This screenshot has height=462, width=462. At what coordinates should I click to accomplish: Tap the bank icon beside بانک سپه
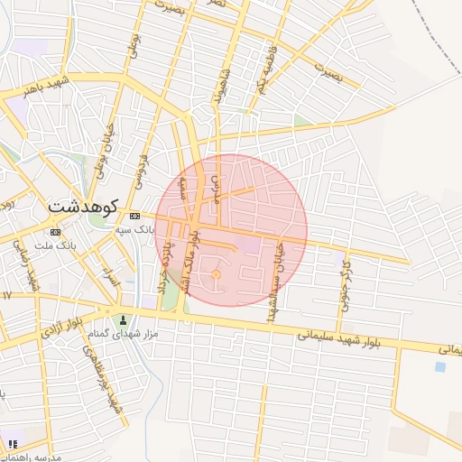[135, 216]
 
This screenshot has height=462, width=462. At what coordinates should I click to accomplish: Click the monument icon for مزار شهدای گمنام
[124, 319]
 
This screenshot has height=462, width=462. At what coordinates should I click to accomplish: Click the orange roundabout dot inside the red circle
[216, 274]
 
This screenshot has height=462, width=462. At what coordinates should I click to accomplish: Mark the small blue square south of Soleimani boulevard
[439, 367]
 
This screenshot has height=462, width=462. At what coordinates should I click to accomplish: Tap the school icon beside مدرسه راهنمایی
[13, 444]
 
